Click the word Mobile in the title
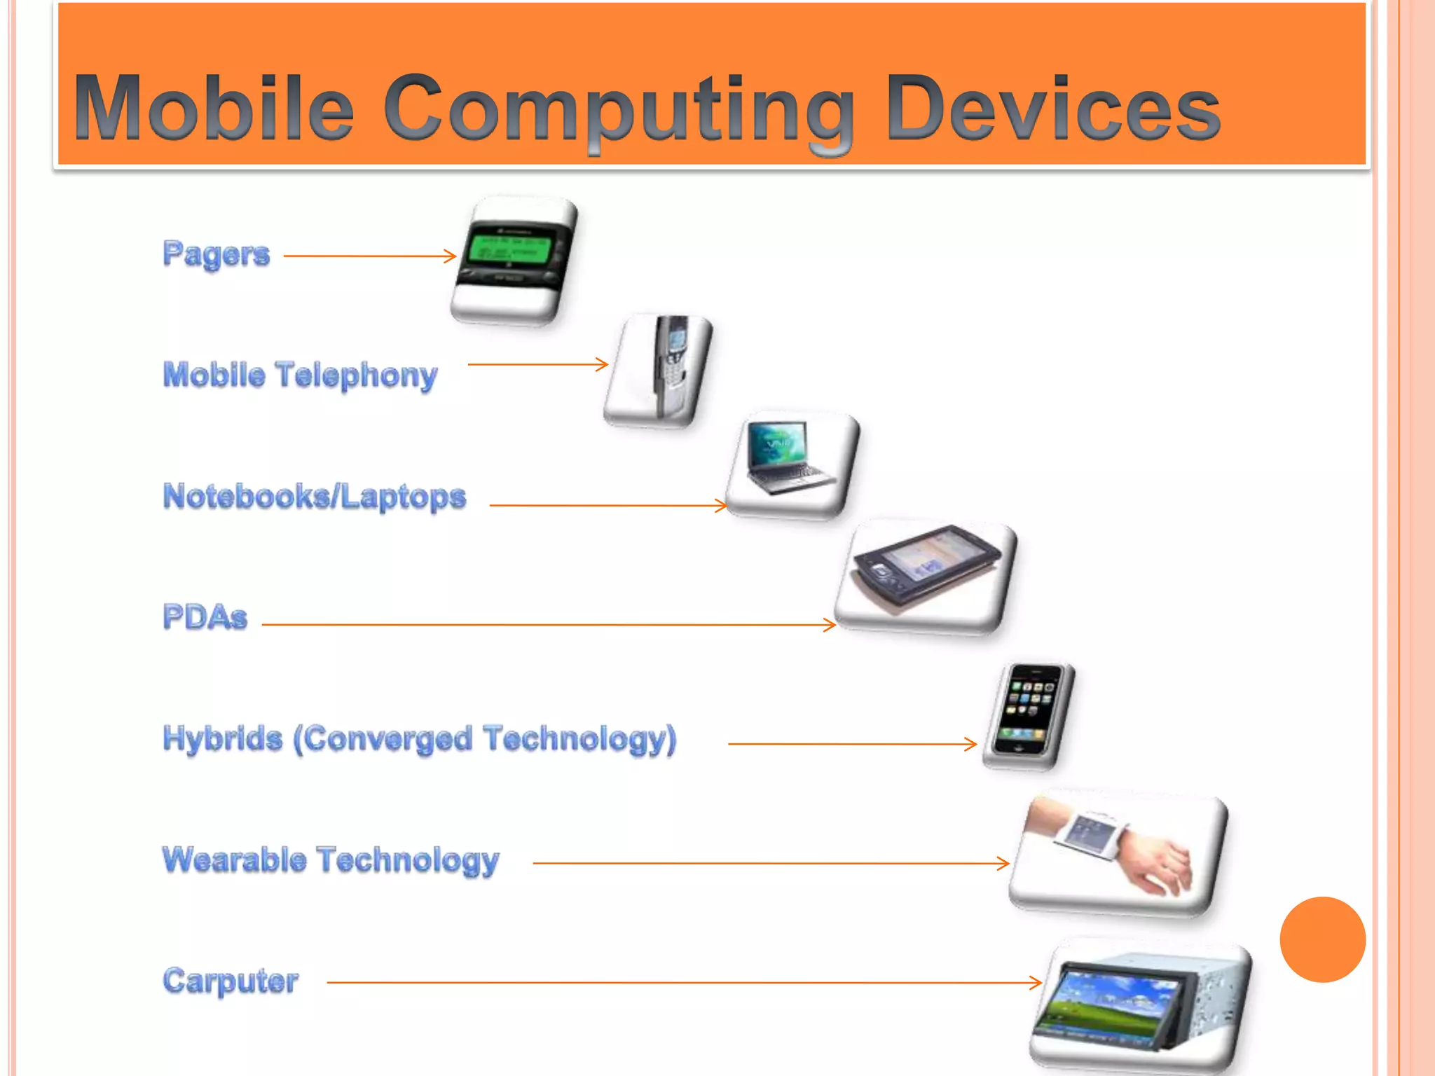click(x=213, y=109)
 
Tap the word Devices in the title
click(x=1052, y=109)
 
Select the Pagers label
click(x=216, y=254)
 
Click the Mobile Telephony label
click(x=300, y=375)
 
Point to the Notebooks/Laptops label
click(x=314, y=496)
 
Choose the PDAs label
click(x=205, y=617)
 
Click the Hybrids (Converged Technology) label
click(x=419, y=739)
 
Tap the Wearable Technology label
click(x=331, y=860)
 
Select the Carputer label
click(x=231, y=981)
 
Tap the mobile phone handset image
click(x=669, y=364)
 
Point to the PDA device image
click(x=925, y=567)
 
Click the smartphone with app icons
click(x=1029, y=710)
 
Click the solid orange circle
click(x=1322, y=939)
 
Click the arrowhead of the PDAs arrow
click(x=831, y=624)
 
